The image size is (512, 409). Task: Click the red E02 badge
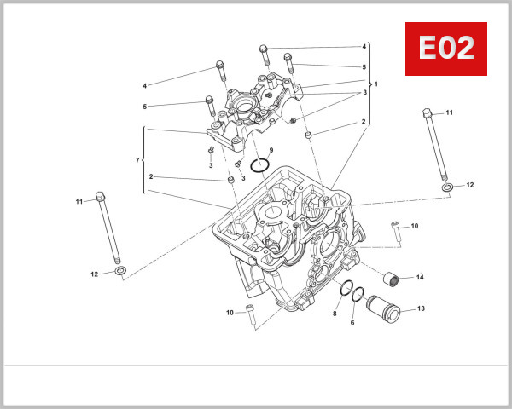coord(445,49)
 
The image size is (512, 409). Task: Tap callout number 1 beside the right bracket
coord(375,84)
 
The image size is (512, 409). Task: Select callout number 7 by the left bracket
coord(137,160)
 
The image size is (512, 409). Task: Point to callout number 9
coord(271,150)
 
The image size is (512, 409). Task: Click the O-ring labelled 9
coord(262,165)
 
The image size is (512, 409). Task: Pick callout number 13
coord(419,310)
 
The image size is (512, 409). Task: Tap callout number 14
coord(419,277)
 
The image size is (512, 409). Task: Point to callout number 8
coord(335,314)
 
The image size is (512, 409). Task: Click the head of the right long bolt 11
coord(427,112)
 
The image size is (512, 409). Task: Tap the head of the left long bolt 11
coord(101,196)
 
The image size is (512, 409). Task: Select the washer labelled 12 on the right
coord(447,186)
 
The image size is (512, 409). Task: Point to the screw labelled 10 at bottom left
coord(250,310)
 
